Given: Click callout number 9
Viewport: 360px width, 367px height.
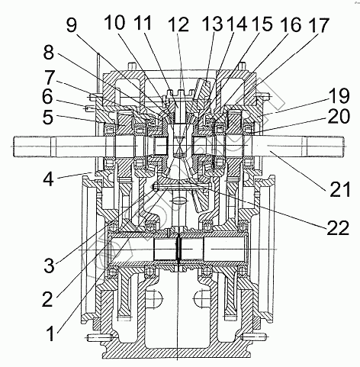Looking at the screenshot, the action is click(x=72, y=26).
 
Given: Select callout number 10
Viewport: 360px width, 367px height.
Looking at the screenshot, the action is click(x=115, y=22).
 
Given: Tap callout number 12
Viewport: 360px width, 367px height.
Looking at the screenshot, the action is click(x=179, y=24).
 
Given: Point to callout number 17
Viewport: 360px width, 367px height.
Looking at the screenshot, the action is click(x=318, y=25).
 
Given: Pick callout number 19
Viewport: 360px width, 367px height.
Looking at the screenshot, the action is click(x=339, y=95).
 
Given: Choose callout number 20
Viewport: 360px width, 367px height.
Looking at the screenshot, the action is click(x=339, y=116).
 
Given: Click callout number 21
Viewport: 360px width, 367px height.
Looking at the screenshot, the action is click(x=340, y=188).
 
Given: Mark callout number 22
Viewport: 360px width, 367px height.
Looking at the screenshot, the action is click(x=338, y=227).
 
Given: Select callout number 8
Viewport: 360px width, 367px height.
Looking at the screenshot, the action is click(x=48, y=53).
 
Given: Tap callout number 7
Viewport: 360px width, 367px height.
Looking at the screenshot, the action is click(x=49, y=78).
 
